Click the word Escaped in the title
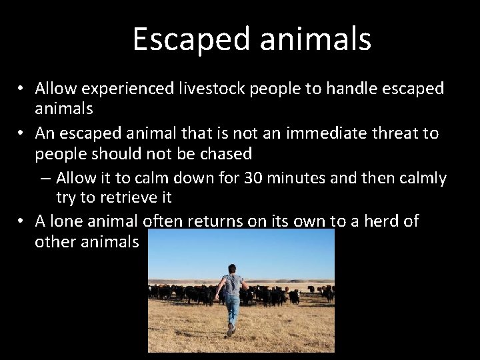click(192, 39)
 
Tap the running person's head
click(232, 269)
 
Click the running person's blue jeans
click(232, 309)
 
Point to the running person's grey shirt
click(232, 285)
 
